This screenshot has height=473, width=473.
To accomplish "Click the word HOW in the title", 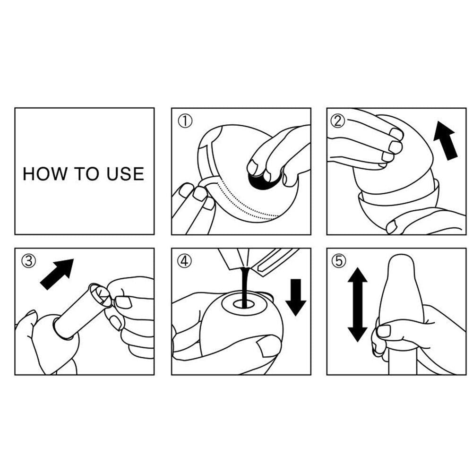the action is pyautogui.click(x=45, y=174).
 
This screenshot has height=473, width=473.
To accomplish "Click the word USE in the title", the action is pyautogui.click(x=125, y=174).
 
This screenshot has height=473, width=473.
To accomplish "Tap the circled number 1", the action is pyautogui.click(x=185, y=121).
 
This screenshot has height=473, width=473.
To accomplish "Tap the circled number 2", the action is pyautogui.click(x=337, y=121).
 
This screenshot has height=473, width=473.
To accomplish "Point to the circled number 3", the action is pyautogui.click(x=29, y=261).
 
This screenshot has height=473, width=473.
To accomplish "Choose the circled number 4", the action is pyautogui.click(x=184, y=261).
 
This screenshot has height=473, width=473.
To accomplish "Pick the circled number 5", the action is pyautogui.click(x=339, y=261).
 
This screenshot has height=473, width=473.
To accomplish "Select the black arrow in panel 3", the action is pyautogui.click(x=57, y=274).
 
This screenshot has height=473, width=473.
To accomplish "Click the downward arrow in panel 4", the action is pyautogui.click(x=296, y=297).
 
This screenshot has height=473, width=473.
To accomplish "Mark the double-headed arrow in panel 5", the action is pyautogui.click(x=357, y=305).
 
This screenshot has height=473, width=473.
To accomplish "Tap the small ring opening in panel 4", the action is pyautogui.click(x=244, y=304).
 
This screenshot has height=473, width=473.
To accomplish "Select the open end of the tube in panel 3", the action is pyautogui.click(x=99, y=294).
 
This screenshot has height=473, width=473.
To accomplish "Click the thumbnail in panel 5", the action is pyautogui.click(x=384, y=331).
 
